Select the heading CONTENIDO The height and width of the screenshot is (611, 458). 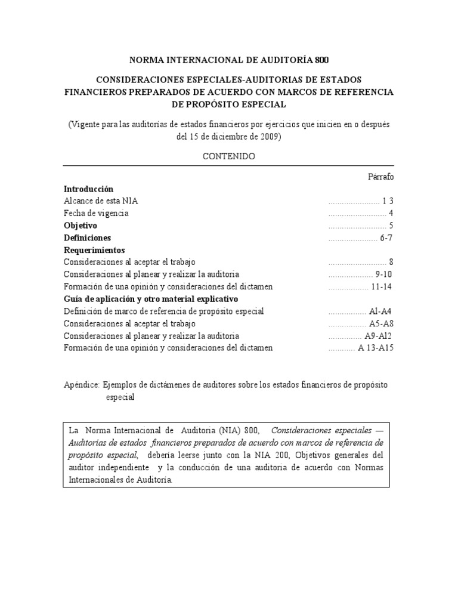coord(229,156)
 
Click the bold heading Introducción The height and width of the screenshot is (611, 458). coord(88,189)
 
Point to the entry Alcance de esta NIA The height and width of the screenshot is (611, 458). coord(101,201)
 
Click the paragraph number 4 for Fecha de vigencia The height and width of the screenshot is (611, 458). coord(391,213)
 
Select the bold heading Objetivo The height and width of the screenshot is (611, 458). coord(81,226)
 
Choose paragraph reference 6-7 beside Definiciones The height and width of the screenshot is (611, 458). coord(386,237)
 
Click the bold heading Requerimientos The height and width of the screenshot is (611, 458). coord(94,250)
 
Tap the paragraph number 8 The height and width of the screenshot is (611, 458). coord(391,262)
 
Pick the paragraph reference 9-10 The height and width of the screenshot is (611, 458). coord(384,274)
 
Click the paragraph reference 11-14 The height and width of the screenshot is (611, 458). coord(382,286)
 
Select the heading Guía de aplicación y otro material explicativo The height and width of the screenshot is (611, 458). coord(150,298)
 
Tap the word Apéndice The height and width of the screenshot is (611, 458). coord(81,385)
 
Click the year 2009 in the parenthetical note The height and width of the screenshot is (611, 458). coord(268,136)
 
